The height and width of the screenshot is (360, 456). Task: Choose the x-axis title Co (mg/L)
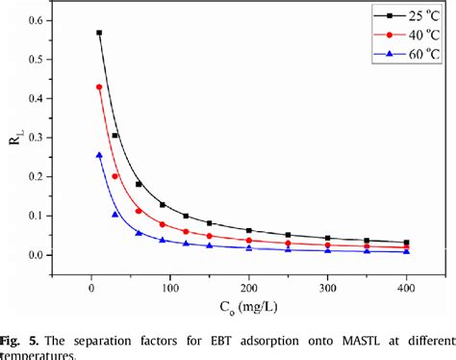pyautogui.click(x=248, y=308)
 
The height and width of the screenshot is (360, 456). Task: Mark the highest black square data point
pyautogui.click(x=99, y=33)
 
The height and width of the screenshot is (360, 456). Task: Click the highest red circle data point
pyautogui.click(x=99, y=88)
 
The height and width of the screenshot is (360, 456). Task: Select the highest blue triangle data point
pyautogui.click(x=99, y=155)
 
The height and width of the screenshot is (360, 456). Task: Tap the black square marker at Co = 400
pyautogui.click(x=407, y=243)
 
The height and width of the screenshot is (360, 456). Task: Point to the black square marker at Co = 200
pyautogui.click(x=249, y=231)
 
